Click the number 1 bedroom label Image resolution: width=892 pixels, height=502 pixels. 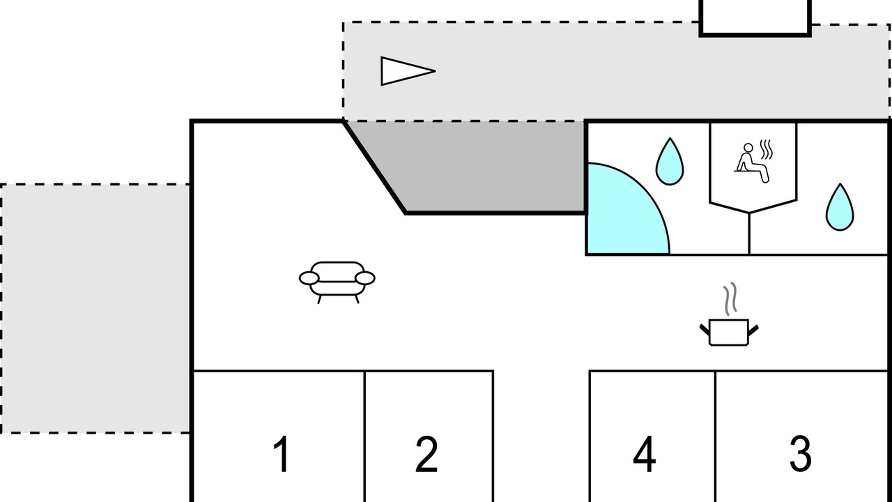tap(281, 454)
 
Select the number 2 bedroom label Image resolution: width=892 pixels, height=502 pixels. tap(426, 454)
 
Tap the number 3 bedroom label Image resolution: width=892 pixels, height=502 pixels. tap(800, 454)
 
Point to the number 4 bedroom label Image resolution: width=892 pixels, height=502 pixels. tap(645, 454)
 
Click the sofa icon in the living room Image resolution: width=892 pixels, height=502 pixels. tap(337, 281)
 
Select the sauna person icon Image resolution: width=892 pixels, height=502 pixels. tap(750, 162)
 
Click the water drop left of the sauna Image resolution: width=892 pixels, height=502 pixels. tap(670, 162)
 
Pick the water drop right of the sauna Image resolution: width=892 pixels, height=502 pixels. tap(840, 208)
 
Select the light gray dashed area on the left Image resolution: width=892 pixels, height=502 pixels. tap(95, 308)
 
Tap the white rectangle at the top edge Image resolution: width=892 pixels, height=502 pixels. tap(755, 15)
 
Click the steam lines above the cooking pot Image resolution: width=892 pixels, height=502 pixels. tap(730, 298)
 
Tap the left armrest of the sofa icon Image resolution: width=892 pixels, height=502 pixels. tap(309, 278)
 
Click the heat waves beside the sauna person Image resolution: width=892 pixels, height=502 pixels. tap(767, 149)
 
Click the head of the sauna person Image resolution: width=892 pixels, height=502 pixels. tap(748, 148)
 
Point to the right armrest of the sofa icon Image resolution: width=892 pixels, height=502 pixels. tap(365, 278)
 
